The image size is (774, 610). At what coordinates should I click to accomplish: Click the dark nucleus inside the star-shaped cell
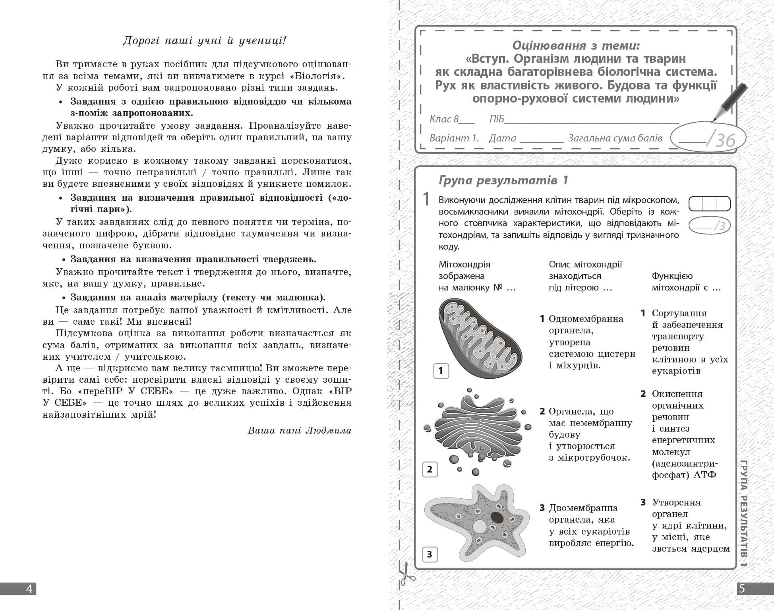point(497,517)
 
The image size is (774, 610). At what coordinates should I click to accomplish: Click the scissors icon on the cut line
point(406,574)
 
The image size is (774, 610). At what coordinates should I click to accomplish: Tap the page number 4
point(29,589)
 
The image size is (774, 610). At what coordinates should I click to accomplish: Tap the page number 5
point(742,589)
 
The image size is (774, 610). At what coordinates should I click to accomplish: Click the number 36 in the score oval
point(726,140)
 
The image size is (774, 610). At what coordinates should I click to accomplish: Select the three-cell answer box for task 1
point(710,204)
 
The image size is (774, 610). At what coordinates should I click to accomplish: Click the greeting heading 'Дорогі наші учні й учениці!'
point(204,41)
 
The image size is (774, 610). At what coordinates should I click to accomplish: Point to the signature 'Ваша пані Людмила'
point(300,430)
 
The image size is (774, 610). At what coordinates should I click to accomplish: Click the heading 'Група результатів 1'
point(503,180)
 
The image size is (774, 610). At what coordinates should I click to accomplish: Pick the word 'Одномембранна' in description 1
point(586,319)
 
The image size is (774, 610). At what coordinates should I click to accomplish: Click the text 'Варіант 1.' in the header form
point(454,138)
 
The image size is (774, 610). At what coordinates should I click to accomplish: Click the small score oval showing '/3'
point(710,226)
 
